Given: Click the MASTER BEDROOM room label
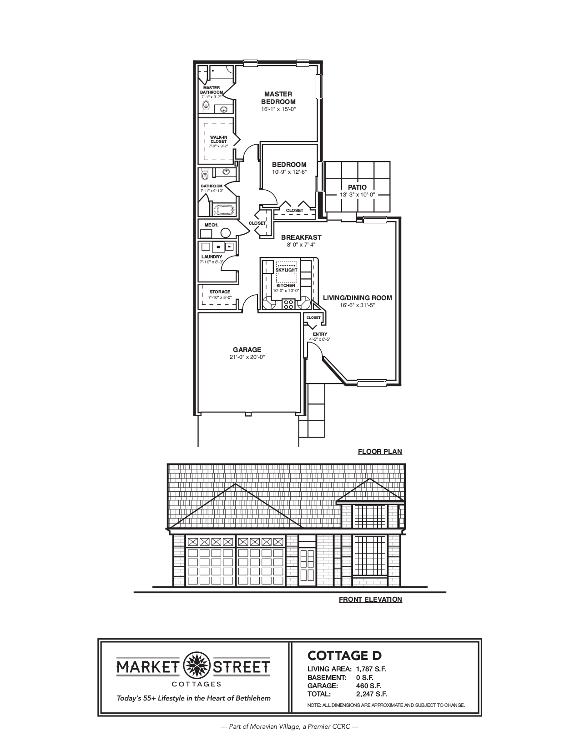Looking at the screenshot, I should point(278,98).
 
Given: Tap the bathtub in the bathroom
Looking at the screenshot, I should point(224,211).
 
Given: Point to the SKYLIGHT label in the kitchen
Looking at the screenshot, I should point(286,270).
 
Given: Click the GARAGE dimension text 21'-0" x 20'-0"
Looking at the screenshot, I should point(247,357).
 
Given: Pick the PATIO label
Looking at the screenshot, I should point(357,187).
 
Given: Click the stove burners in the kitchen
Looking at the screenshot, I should point(287,303).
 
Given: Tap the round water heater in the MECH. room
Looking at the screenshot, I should point(226,233).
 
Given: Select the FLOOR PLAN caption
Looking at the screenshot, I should point(380,452).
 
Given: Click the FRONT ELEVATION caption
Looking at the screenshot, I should point(370,600).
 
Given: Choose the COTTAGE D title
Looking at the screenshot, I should point(344,655).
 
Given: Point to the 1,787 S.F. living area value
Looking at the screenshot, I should point(371,669).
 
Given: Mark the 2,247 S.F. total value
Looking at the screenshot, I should point(371,694).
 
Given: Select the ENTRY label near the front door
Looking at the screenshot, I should point(320,334).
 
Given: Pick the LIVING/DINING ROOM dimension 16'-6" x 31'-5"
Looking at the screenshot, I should point(357,305).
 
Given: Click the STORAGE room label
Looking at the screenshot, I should point(220,292).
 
